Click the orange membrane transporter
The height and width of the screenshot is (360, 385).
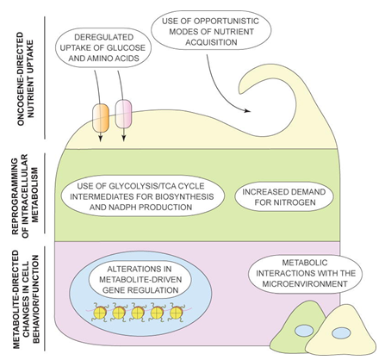pos(101,118)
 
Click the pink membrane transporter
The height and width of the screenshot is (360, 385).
pos(123,114)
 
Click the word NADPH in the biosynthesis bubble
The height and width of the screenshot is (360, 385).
pos(125,207)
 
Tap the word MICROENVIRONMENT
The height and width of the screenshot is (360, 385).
pos(305,283)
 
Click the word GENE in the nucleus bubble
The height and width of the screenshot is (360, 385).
pos(115,290)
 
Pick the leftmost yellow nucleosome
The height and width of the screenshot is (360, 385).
pos(99,313)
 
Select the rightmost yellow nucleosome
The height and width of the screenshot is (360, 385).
pos(176,312)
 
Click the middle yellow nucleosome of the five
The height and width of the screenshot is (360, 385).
pos(138,313)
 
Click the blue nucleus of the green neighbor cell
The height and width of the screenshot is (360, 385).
pos(304,330)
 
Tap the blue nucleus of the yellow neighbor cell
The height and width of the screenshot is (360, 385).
pos(341,333)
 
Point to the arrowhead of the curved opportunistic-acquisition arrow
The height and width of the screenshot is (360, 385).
pos(247,110)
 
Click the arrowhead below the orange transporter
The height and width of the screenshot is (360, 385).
pos(101,139)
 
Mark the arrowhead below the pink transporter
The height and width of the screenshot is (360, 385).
pos(123,139)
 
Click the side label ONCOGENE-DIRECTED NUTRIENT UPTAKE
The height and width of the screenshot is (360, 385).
pos(25,78)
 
